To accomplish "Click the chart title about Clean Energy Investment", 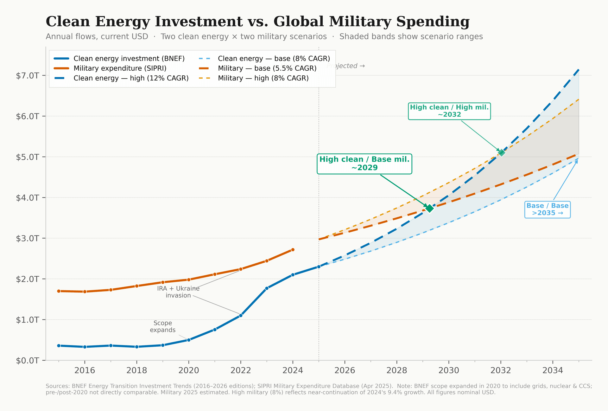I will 257,22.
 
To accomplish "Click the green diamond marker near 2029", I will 429,208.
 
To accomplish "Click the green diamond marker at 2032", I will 501,153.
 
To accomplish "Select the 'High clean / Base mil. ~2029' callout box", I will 364,164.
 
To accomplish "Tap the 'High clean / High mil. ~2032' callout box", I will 449,111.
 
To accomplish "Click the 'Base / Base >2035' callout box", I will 547,209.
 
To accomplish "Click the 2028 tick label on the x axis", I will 396,370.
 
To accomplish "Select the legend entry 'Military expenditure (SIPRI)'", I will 119,68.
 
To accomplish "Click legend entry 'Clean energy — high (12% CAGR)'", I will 130,78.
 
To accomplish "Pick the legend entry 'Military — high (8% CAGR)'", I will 263,78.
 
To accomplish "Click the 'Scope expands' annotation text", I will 163,326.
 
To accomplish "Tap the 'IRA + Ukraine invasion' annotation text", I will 178,292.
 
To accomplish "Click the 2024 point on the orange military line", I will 293,250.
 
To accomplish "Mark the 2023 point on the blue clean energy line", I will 267,288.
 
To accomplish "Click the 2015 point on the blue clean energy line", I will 59,345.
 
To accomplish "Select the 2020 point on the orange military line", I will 189,279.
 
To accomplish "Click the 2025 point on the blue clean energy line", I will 319,267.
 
